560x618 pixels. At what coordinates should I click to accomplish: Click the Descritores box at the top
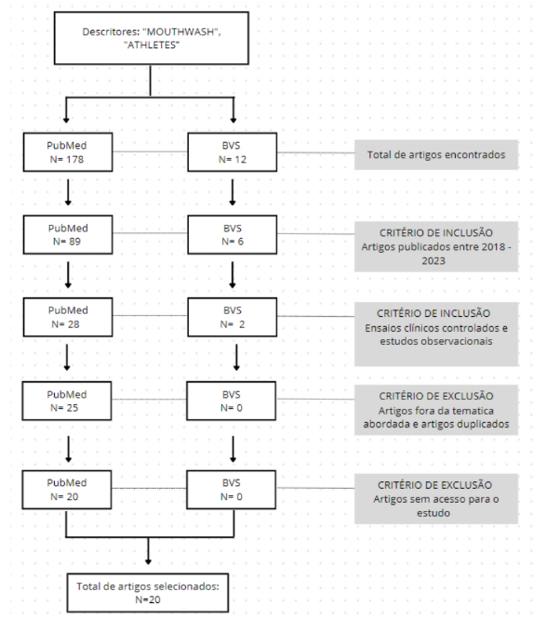[151, 38]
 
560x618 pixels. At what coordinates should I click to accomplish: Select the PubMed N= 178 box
[68, 152]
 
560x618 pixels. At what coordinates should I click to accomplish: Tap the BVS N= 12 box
[232, 152]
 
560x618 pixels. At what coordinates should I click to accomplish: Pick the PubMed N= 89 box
[68, 234]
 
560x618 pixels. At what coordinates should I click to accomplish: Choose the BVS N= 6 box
[232, 234]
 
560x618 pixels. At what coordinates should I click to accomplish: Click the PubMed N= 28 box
[68, 317]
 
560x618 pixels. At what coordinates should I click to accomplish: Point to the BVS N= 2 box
[232, 317]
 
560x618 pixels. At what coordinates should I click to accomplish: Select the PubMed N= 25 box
[67, 401]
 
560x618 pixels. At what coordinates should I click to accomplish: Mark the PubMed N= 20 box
[67, 489]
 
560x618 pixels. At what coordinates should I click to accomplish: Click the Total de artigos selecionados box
[148, 592]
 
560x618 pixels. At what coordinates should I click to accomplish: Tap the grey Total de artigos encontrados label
[436, 154]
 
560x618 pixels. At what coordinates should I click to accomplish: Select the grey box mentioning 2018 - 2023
[436, 246]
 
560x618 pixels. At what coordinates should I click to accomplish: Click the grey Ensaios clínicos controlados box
[436, 334]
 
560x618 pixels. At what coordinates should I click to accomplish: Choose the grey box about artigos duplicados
[436, 410]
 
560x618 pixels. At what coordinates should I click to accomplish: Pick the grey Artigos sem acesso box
[436, 498]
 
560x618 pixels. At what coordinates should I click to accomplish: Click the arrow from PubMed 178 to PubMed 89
[68, 192]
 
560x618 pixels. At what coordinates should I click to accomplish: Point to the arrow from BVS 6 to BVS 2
[233, 275]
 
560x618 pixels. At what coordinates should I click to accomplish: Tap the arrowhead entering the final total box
[148, 561]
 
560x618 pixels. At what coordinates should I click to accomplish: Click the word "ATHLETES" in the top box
[152, 45]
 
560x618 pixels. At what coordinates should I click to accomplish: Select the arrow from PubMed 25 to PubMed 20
[68, 449]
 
